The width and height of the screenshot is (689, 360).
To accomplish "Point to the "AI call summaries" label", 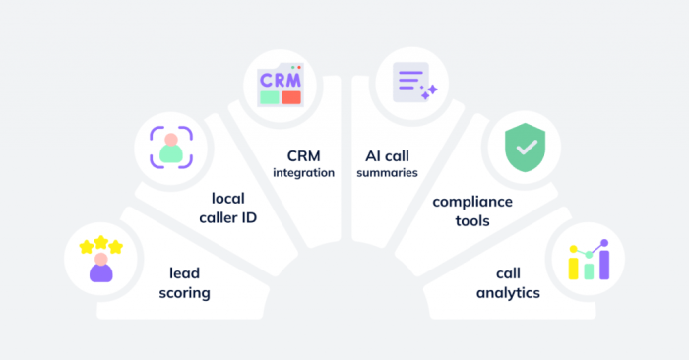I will [388, 163].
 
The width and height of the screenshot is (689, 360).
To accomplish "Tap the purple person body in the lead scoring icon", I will [101, 271].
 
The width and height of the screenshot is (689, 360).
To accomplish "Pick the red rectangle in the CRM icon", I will [291, 97].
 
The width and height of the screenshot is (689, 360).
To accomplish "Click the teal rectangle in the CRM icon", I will [268, 97].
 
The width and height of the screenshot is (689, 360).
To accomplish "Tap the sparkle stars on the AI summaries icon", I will [428, 91].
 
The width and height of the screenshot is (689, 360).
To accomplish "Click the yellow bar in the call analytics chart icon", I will [573, 265].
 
